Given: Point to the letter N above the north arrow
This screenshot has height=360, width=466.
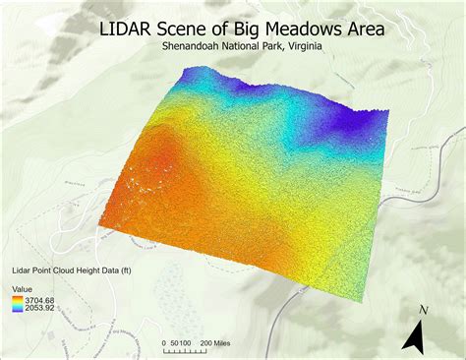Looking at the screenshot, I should [422, 310].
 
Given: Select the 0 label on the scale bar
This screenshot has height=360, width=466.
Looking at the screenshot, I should [164, 344].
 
